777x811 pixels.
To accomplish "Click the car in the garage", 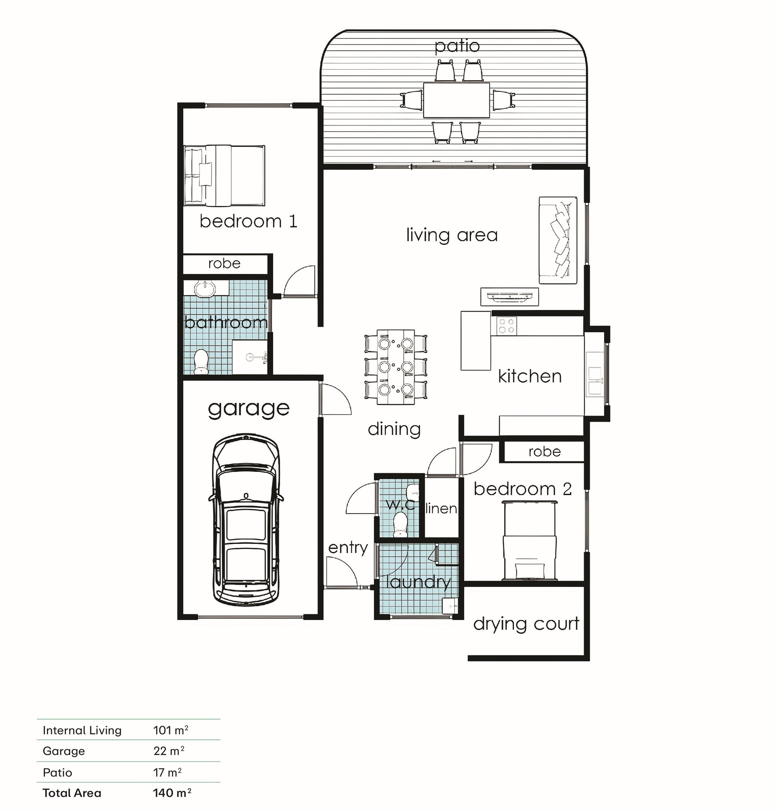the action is pyautogui.click(x=246, y=520).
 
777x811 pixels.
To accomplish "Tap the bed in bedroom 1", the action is pyautogui.click(x=224, y=176).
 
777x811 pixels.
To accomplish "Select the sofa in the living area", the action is pyautogui.click(x=558, y=240).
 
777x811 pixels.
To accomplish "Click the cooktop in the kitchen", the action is pyautogui.click(x=507, y=325).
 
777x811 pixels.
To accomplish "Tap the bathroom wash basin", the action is pyautogui.click(x=205, y=289).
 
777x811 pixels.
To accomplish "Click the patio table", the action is pyautogui.click(x=456, y=100).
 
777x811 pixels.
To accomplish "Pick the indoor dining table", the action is pyautogui.click(x=395, y=367).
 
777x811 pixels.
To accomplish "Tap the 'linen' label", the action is pyautogui.click(x=441, y=508).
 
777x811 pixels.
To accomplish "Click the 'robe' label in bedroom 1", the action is pyautogui.click(x=224, y=263).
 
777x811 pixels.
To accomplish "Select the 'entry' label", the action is pyautogui.click(x=348, y=548).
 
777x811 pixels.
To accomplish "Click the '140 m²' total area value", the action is pyautogui.click(x=172, y=793).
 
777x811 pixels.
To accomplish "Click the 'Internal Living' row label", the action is pyautogui.click(x=82, y=731).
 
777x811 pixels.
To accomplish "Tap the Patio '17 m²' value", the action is pyautogui.click(x=168, y=772).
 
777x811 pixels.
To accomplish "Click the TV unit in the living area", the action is pyautogui.click(x=510, y=296).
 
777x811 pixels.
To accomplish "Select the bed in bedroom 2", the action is pyautogui.click(x=529, y=540).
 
